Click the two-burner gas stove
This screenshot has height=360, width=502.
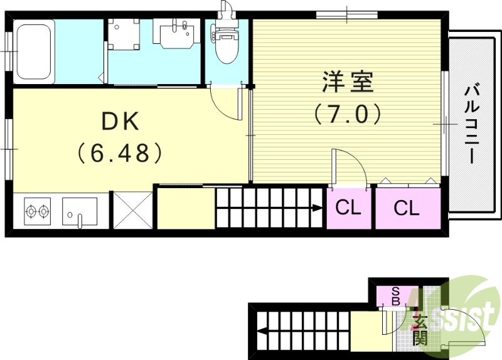[37, 211]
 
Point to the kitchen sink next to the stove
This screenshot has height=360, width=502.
[80, 211]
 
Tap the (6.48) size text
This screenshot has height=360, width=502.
[120, 152]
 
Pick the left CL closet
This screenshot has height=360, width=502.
[348, 208]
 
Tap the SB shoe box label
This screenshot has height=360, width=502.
[396, 296]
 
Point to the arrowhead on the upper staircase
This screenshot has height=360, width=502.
[317, 208]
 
